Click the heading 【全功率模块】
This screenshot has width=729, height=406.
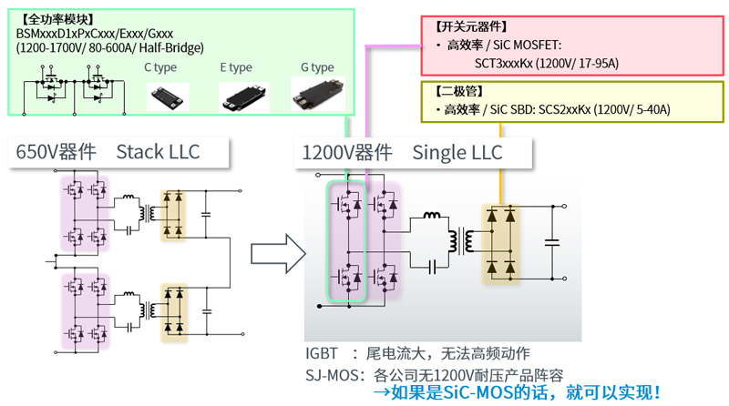(x=53, y=18)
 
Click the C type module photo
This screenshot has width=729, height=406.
(x=169, y=94)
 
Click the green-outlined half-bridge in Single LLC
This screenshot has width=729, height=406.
(x=345, y=241)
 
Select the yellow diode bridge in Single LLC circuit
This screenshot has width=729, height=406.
(x=502, y=241)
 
